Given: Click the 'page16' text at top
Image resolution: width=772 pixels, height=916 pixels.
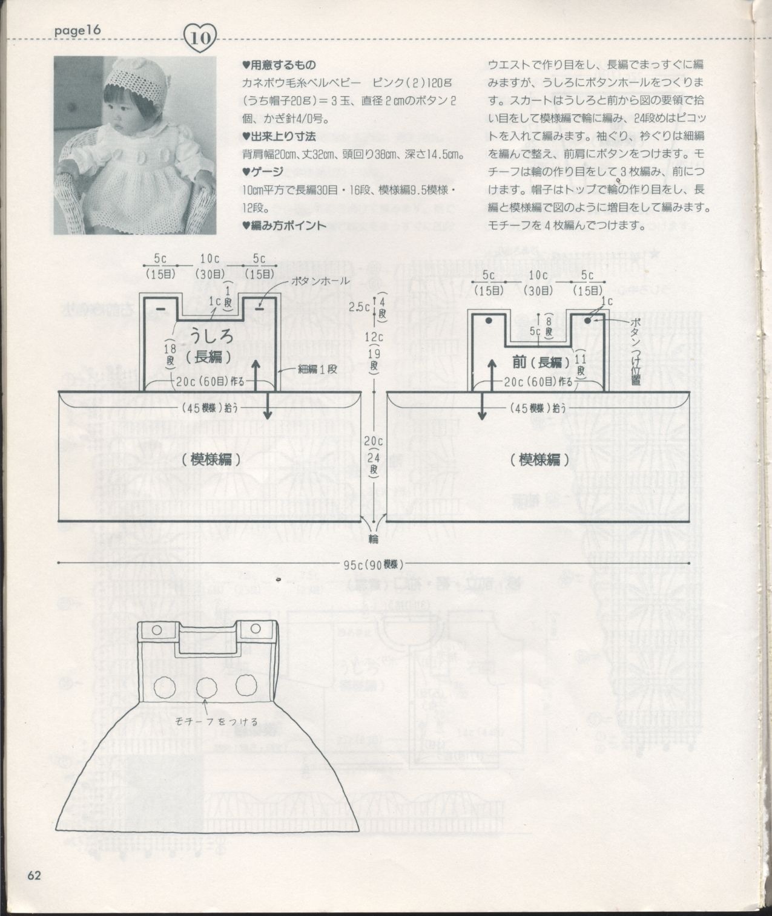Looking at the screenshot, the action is point(76,30).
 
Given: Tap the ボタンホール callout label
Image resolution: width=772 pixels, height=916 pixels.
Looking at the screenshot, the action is point(320,281).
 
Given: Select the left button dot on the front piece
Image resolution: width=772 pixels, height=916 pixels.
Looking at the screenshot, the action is point(489,320).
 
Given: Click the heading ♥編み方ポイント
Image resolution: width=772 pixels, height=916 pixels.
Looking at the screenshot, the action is point(284,226).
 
